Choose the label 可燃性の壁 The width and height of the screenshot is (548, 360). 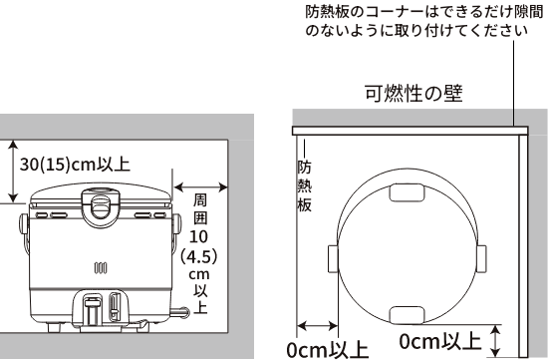point(412,96)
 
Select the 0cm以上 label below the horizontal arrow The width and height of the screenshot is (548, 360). point(327,350)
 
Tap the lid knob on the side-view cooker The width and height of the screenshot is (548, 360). point(99,205)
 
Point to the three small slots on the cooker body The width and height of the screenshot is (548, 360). point(99,267)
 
